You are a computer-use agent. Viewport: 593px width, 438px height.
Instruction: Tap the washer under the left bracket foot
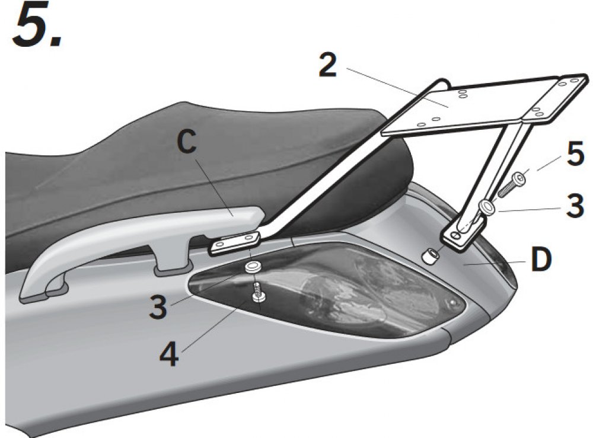coord(254,266)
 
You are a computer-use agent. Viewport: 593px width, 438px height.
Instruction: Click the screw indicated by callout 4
coord(258,293)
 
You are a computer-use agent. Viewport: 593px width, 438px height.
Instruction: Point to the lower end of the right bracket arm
coord(463,234)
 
